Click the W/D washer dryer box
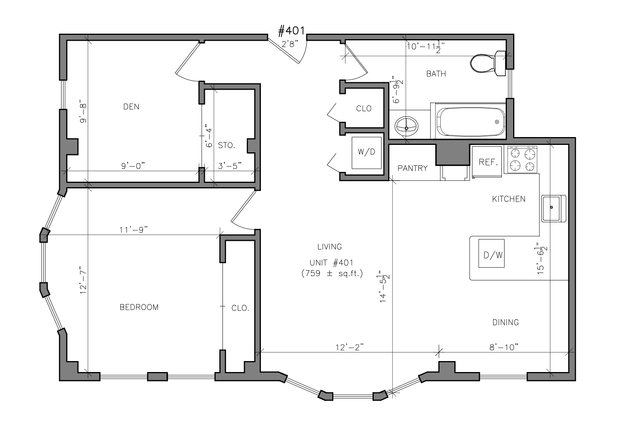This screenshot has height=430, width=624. tap(366, 153)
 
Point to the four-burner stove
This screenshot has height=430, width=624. tap(522, 159)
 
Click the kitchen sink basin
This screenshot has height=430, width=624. tap(553, 208)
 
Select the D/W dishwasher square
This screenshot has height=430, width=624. tap(491, 253)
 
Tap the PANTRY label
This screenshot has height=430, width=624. tap(412, 168)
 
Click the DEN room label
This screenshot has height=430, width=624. tap(131, 107)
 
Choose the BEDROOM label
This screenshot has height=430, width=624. tap(139, 307)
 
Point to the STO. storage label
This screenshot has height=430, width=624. tap(226, 145)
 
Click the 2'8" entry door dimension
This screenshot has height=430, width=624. tap(290, 44)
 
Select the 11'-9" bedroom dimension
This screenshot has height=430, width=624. tap(134, 230)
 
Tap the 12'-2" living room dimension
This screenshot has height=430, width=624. tap(350, 347)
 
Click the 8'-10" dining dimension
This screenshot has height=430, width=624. tap(504, 347)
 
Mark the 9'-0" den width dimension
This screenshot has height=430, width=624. tap(133, 166)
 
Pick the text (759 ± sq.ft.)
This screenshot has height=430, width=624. tap(332, 273)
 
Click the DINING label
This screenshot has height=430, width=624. tap(506, 323)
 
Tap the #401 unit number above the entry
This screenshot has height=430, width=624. tap(291, 31)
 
